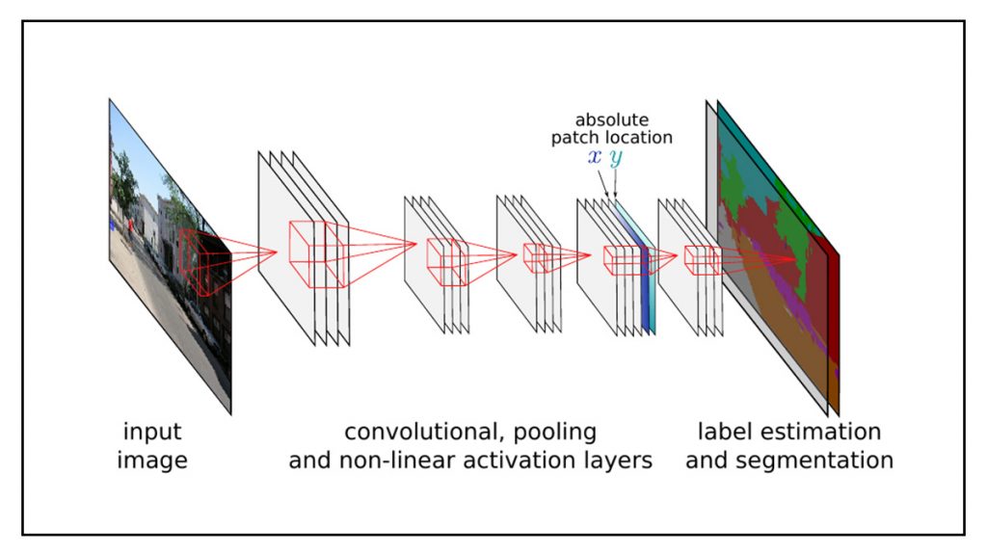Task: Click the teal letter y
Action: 616,159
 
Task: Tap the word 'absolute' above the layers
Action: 612,120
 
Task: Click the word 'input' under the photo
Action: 152,431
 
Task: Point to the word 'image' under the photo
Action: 152,461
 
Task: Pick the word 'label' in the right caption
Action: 724,431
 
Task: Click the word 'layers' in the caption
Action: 620,461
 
